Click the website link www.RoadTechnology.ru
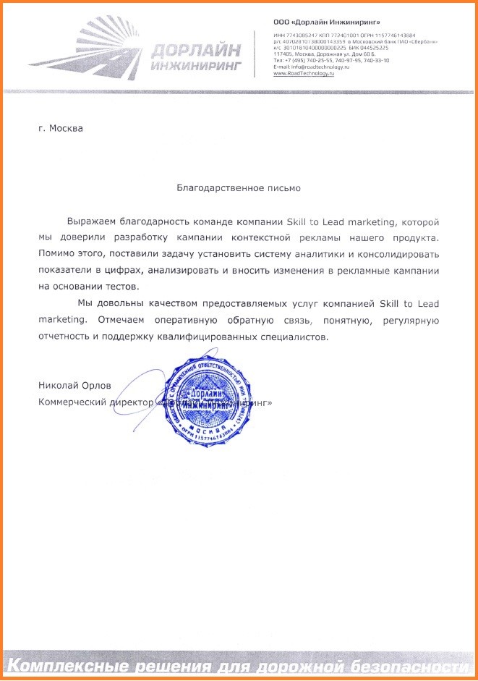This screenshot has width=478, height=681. click(303, 74)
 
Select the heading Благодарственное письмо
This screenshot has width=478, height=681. click(239, 187)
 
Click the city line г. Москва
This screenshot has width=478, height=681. click(61, 129)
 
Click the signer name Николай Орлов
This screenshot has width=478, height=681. click(69, 386)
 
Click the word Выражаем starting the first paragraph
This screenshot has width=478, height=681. click(92, 221)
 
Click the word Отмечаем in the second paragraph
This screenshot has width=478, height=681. click(119, 320)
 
